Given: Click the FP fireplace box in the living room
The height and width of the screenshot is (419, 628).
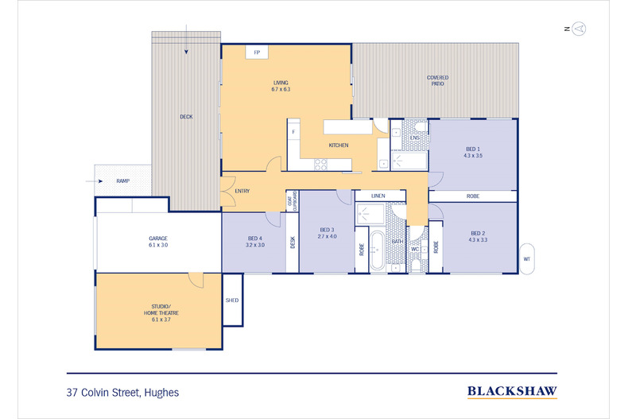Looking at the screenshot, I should tap(256, 52).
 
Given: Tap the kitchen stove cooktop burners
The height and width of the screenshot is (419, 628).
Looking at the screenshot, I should tap(321, 165).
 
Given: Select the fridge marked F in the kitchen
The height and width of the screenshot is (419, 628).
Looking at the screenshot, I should tap(293, 130).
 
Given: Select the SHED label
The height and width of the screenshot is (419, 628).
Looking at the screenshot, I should tap(232, 300).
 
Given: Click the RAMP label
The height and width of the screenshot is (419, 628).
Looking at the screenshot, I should tap(122, 181).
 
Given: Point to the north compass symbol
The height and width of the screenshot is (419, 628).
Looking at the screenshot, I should tap(580, 29).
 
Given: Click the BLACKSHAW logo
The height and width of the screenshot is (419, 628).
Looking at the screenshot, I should tap(511, 390).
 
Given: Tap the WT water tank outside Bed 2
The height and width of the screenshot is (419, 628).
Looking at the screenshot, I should tap(527, 258).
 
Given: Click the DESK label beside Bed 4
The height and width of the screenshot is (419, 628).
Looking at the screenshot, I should tap(292, 242).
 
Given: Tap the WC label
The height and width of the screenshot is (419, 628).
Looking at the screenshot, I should tap(414, 249).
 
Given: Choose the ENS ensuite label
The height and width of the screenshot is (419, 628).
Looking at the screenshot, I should tap(414, 138).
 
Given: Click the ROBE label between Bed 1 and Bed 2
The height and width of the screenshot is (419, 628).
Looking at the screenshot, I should tap(472, 196).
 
